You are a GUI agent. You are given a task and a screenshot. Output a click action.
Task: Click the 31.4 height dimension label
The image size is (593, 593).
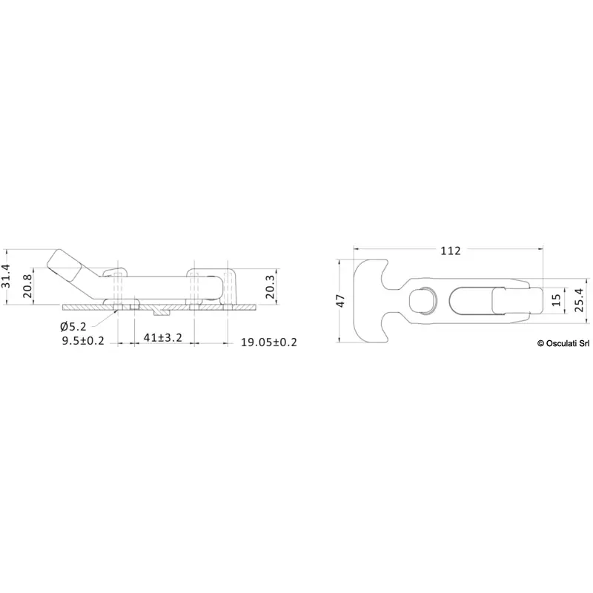6,276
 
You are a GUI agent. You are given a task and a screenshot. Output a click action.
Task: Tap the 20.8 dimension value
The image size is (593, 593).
27,286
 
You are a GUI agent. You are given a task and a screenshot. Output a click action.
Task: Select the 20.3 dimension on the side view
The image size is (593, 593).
270,287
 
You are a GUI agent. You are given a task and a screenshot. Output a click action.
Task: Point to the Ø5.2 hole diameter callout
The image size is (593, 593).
73,326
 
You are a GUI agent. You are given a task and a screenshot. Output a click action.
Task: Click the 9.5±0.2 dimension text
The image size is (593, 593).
83,341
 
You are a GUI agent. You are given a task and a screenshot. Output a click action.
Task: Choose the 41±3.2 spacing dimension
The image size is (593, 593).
163,337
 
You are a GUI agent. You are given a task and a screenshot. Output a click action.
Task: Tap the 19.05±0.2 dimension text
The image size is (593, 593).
269,342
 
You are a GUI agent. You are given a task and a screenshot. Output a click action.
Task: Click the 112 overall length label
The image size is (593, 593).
451,251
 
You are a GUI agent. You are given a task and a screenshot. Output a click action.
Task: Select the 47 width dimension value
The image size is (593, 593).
341,301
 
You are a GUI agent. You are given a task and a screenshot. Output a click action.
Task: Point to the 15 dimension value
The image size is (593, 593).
557,300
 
